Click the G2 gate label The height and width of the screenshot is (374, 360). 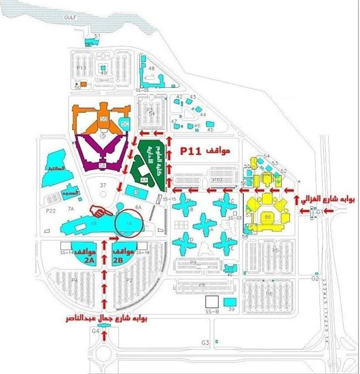click(315, 279)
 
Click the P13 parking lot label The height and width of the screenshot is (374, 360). click(80, 68)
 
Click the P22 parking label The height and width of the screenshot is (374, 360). click(50, 211)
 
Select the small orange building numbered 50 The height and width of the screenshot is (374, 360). click(78, 86)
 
